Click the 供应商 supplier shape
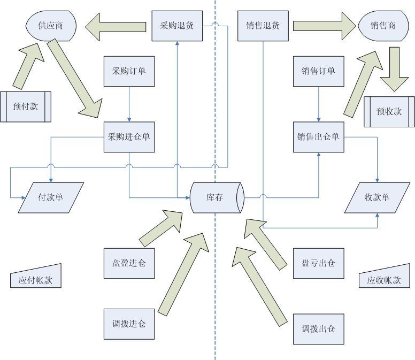tap(51, 25)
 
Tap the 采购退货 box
tap(178, 25)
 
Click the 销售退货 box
tap(263, 25)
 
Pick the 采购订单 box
tap(129, 71)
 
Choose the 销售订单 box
tap(319, 71)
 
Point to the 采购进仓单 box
tap(129, 136)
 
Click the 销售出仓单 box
tap(319, 136)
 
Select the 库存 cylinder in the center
tap(217, 197)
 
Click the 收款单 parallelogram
tap(378, 197)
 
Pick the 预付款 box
tap(26, 106)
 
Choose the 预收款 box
tap(389, 112)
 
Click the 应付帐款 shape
tap(35, 278)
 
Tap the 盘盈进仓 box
tap(129, 263)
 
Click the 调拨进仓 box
tap(129, 324)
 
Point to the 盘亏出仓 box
tap(319, 263)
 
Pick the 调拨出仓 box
tap(319, 328)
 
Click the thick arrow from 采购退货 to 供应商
tap(115, 26)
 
